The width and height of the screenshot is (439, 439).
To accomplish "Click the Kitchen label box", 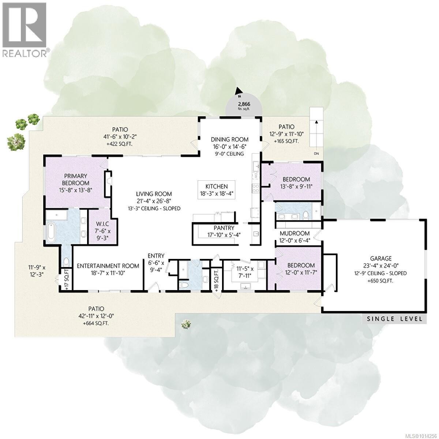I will click(217, 190).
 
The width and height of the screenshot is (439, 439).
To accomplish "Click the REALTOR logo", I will click(25, 29).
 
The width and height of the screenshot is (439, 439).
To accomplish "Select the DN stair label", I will click(316, 154).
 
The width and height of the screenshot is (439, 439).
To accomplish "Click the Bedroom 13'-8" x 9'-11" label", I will click(296, 183).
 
